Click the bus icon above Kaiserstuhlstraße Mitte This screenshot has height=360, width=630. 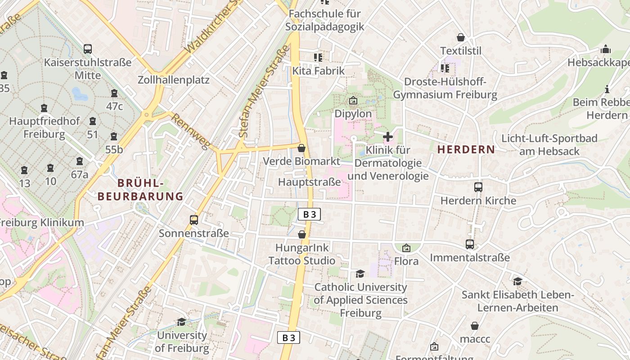[x=88, y=49]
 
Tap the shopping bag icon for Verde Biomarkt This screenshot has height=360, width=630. [x=301, y=148]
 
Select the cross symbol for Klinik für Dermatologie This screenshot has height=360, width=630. [x=387, y=136]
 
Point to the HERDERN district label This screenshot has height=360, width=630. [x=466, y=149]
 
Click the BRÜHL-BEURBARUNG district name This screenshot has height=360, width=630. [x=140, y=189]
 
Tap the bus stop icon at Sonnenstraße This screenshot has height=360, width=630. [x=194, y=220]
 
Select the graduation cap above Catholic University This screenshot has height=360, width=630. [x=360, y=274]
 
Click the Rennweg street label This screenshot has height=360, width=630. [x=191, y=131]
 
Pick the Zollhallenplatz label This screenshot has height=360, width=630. [x=174, y=80]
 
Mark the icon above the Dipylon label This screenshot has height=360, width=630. [x=353, y=100]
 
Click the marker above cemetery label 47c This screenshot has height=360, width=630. [x=114, y=93]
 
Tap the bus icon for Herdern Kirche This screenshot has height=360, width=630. [x=478, y=187]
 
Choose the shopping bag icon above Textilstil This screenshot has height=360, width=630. [x=460, y=37]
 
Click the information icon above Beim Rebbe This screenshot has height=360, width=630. [x=607, y=89]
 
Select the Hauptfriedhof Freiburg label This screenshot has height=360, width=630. [x=44, y=128]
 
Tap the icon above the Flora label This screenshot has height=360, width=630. [x=406, y=248]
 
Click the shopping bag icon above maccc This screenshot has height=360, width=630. [x=474, y=326]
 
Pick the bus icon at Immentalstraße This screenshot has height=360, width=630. [x=470, y=244]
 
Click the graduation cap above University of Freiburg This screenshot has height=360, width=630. [x=181, y=322]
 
